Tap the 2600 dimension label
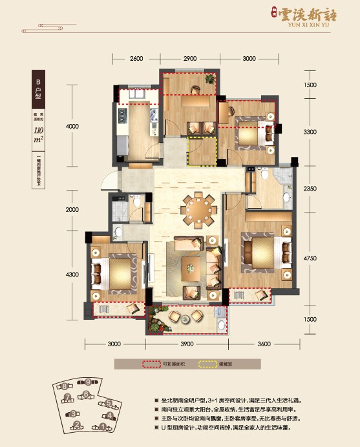pos(135,59)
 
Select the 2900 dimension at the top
pos(189,59)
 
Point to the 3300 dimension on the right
pos(310,132)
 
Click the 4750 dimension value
pos(310,258)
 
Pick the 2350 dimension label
pos(310,188)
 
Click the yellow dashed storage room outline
pos(200,153)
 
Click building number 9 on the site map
pos(87,383)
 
